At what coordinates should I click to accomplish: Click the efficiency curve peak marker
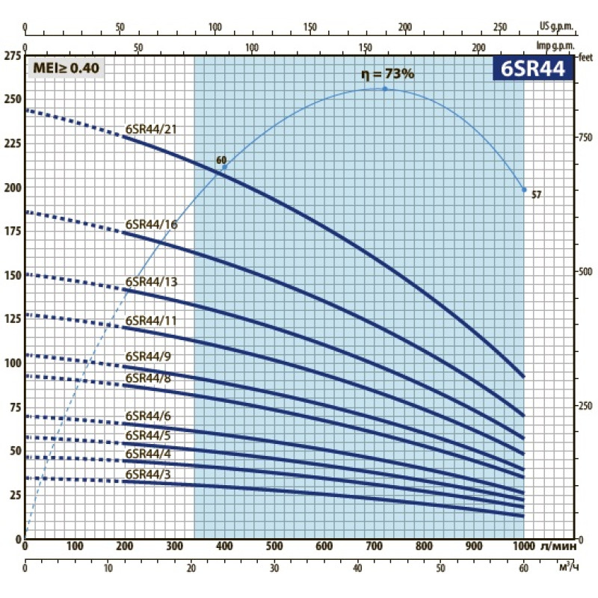click(386, 89)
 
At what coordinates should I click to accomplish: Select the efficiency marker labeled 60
click(224, 166)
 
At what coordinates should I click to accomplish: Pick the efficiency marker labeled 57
click(524, 190)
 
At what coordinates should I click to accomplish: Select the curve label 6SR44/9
click(148, 355)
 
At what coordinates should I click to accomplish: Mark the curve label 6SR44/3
click(148, 474)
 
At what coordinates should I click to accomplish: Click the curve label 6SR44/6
click(148, 416)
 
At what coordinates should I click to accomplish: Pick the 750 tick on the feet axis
click(585, 138)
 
